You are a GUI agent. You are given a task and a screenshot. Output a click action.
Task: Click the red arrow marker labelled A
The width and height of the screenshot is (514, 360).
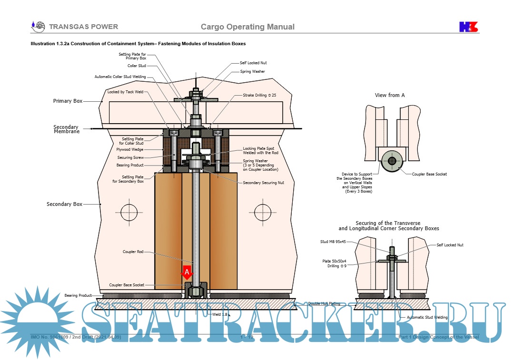[187, 272]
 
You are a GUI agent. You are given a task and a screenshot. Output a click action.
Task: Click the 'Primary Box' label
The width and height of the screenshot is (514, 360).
[68, 101]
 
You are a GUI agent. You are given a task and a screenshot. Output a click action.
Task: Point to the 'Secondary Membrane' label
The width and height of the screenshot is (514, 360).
[66, 129]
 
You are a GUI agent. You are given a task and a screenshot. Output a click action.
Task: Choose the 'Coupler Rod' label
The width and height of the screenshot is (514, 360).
[133, 252]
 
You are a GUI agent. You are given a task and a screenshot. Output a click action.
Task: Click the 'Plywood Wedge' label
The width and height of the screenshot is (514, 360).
[131, 149]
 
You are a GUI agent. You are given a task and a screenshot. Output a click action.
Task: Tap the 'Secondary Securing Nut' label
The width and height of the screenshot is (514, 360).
[263, 183]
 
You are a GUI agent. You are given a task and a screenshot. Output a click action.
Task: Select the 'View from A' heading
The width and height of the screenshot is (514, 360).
[390, 95]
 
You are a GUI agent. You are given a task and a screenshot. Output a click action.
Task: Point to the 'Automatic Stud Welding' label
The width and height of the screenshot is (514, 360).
[427, 317]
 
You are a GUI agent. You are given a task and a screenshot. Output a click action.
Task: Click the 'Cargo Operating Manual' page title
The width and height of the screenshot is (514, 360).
[247, 27]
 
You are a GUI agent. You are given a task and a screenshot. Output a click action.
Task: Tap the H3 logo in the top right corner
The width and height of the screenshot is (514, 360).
[468, 27]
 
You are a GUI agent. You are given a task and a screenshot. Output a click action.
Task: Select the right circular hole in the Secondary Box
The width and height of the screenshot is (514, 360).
[262, 210]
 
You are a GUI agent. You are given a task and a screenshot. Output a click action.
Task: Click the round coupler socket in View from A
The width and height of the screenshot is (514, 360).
[392, 161]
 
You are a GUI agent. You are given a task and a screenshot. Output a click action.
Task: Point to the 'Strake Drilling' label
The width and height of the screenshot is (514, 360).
[259, 96]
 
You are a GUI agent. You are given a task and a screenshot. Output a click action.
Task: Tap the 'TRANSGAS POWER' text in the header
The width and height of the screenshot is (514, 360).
[83, 27]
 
